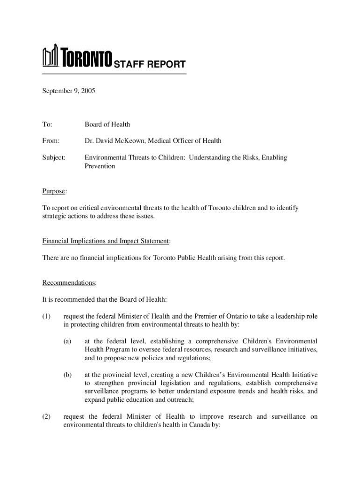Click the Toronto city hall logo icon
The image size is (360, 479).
click(x=50, y=57)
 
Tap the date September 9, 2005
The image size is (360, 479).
click(x=69, y=92)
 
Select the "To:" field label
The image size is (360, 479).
click(x=47, y=124)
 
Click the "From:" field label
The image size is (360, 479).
click(x=51, y=141)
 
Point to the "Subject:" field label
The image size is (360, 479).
click(x=54, y=158)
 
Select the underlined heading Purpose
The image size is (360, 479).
click(x=54, y=191)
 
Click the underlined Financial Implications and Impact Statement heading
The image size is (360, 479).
click(x=106, y=241)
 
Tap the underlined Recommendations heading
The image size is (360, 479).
click(x=69, y=283)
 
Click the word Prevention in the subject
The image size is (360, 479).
click(x=100, y=166)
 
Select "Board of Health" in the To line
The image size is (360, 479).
click(x=107, y=124)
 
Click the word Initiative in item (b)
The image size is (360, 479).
click(x=304, y=375)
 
